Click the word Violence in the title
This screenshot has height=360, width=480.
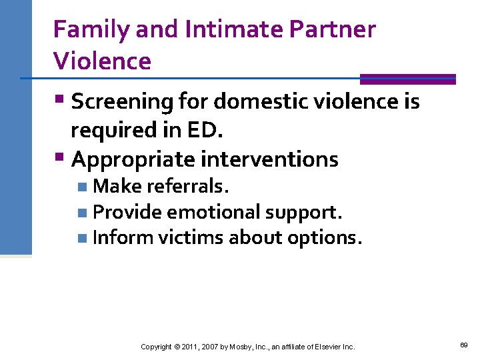[x=102, y=61]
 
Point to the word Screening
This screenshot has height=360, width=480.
[x=122, y=102]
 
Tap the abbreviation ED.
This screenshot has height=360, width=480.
[x=205, y=131]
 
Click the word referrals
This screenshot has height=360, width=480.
[x=189, y=187]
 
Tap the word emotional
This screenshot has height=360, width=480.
[x=214, y=212]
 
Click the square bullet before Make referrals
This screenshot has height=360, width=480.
[x=81, y=187]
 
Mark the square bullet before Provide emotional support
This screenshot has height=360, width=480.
[x=81, y=213]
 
